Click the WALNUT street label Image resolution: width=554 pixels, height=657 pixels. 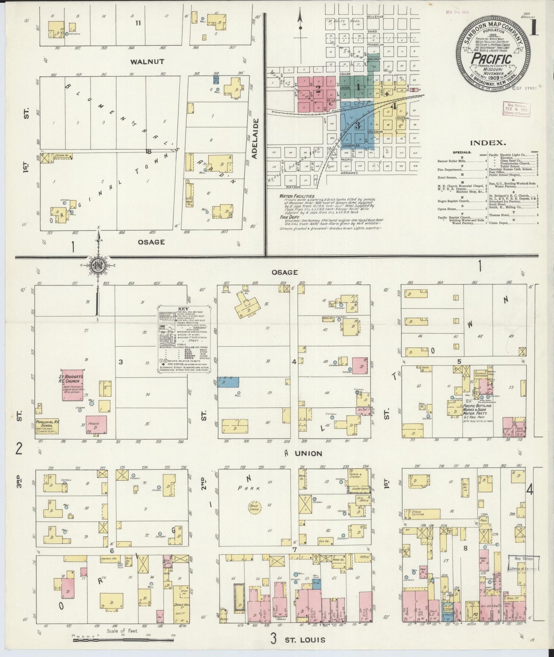click(141, 61)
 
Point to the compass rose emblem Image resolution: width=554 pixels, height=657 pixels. click(99, 265)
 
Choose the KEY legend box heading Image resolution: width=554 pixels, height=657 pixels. click(183, 309)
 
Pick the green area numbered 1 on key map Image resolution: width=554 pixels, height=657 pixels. click(358, 87)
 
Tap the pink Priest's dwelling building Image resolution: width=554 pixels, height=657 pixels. click(96, 426)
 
